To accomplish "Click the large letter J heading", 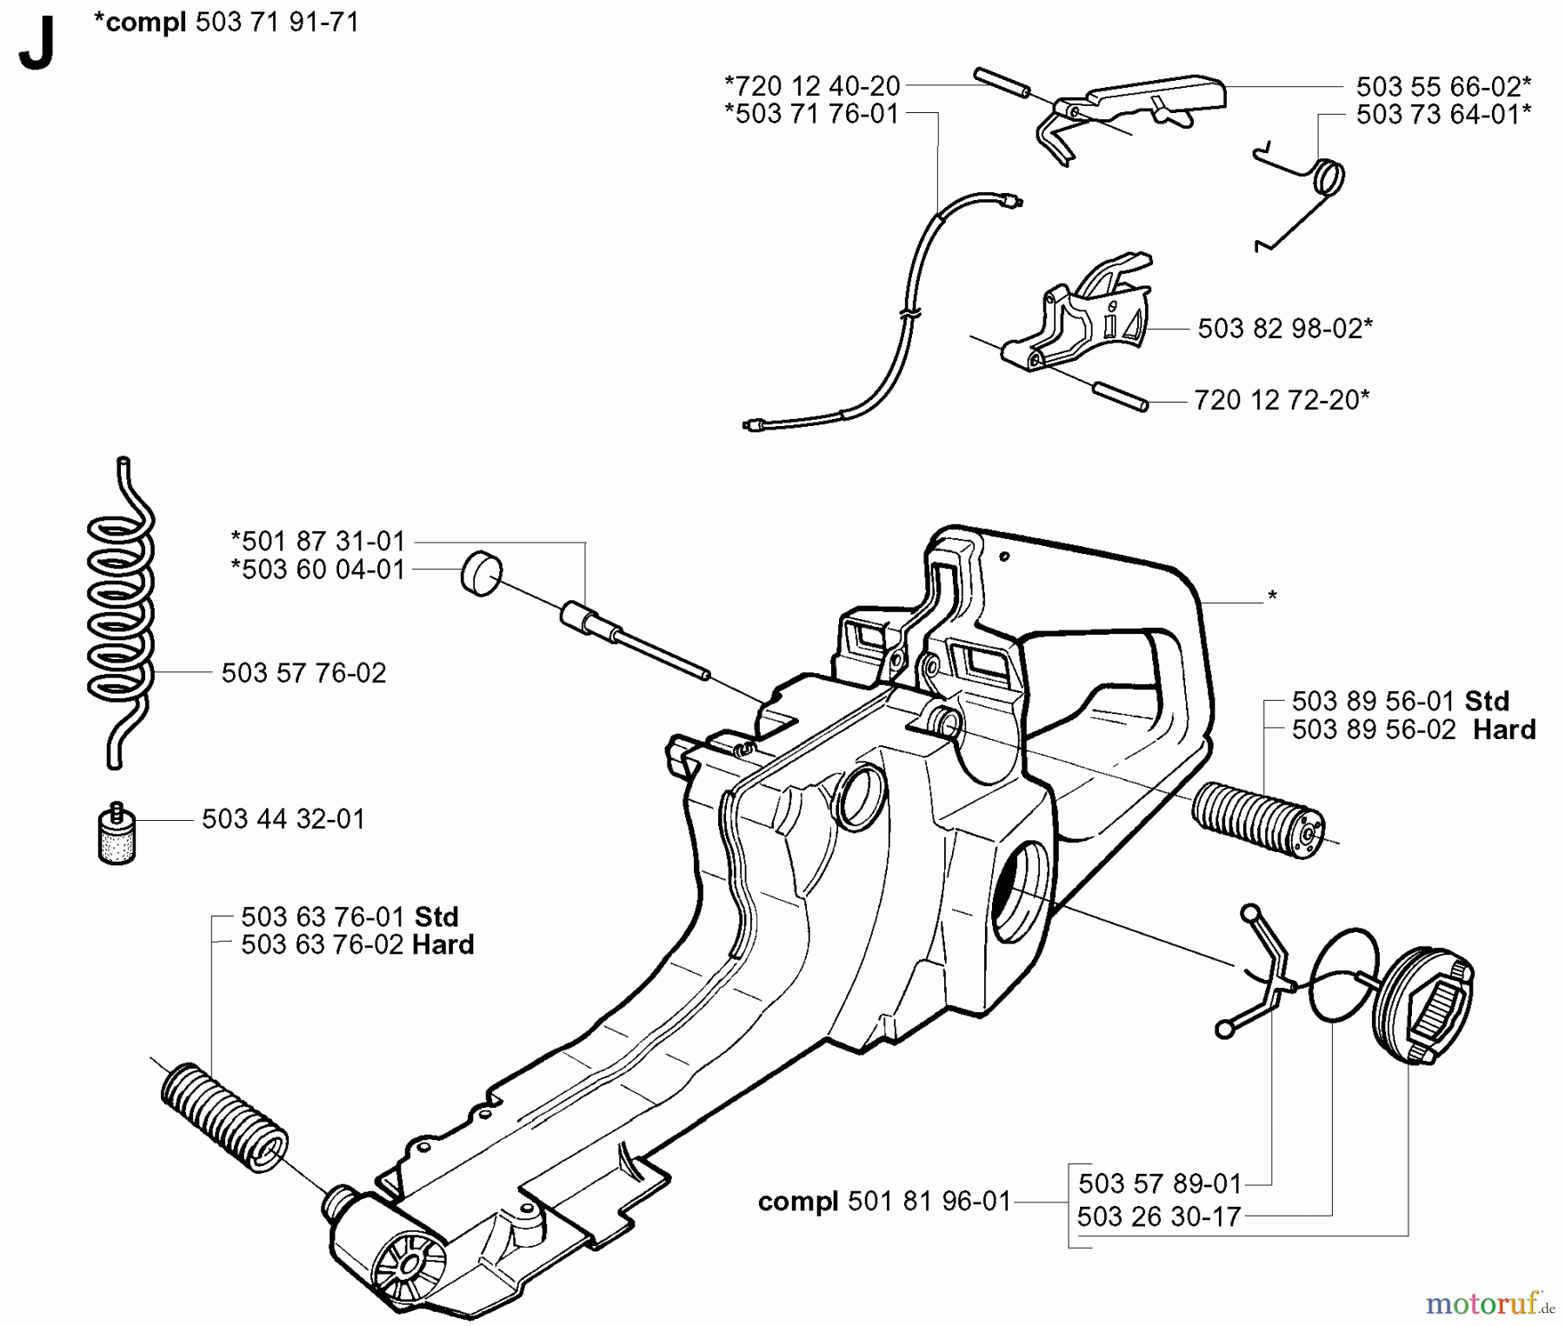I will click(37, 45).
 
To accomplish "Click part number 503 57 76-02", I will click(303, 673).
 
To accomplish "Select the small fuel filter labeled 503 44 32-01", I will click(117, 836).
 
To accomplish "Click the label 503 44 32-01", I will click(283, 819).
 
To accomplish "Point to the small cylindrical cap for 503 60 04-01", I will click(481, 573).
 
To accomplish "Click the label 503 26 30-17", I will click(1159, 1216).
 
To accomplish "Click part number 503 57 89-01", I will click(1160, 1183).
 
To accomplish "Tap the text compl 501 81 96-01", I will click(884, 1202).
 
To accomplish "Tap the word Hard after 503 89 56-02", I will click(1504, 730).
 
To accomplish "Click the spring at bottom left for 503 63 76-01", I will click(223, 1116).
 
